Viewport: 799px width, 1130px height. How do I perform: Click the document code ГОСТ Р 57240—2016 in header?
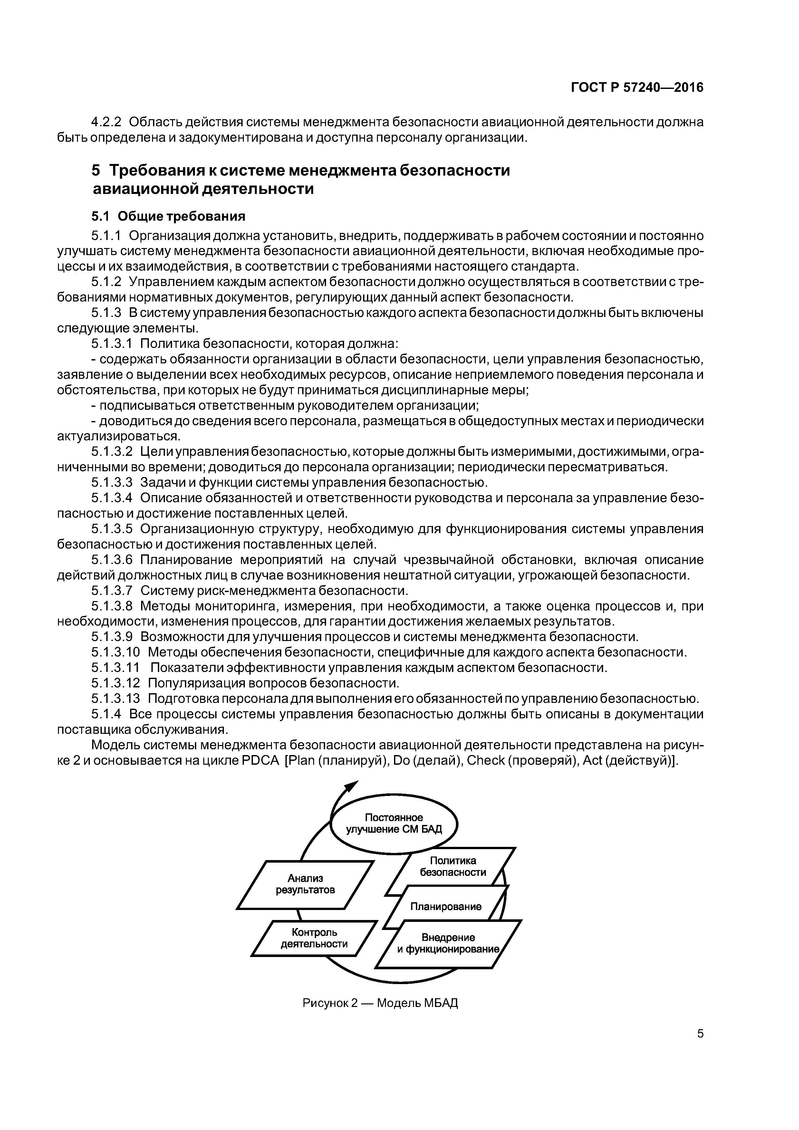pyautogui.click(x=637, y=88)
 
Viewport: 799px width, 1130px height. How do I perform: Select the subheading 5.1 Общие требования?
pyautogui.click(x=168, y=216)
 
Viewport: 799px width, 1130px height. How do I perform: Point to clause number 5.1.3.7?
pyautogui.click(x=112, y=590)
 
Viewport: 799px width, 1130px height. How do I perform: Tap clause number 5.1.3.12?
pyautogui.click(x=116, y=683)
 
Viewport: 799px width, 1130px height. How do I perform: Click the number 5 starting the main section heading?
pyautogui.click(x=95, y=170)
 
